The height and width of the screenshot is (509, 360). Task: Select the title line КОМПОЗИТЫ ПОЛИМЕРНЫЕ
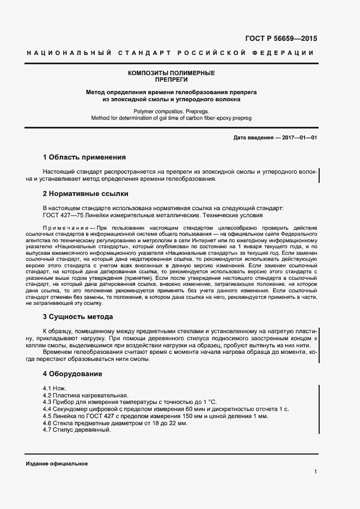coord(171,73)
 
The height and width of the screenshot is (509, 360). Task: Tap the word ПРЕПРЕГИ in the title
coord(171,79)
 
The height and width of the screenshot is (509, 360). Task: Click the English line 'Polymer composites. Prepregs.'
coord(171,110)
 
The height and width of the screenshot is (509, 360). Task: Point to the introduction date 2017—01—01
coord(300,138)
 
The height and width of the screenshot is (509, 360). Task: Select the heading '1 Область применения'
coord(84,157)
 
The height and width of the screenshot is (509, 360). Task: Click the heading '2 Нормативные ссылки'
coord(86,193)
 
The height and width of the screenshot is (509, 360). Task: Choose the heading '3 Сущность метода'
coord(78,316)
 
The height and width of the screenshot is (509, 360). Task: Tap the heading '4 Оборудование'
coord(72,374)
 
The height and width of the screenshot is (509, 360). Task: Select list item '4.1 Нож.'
coord(54,388)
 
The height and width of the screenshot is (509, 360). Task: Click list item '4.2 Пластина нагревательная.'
coord(85,395)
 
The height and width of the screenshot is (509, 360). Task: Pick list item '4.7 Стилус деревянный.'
coord(76,430)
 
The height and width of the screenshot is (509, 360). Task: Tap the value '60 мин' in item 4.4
coord(196,409)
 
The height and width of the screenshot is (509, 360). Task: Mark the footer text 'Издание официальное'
coord(57,463)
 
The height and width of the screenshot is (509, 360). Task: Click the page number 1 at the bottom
coord(315,472)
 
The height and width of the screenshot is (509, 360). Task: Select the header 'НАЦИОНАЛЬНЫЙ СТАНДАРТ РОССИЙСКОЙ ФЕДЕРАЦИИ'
coord(170,53)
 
